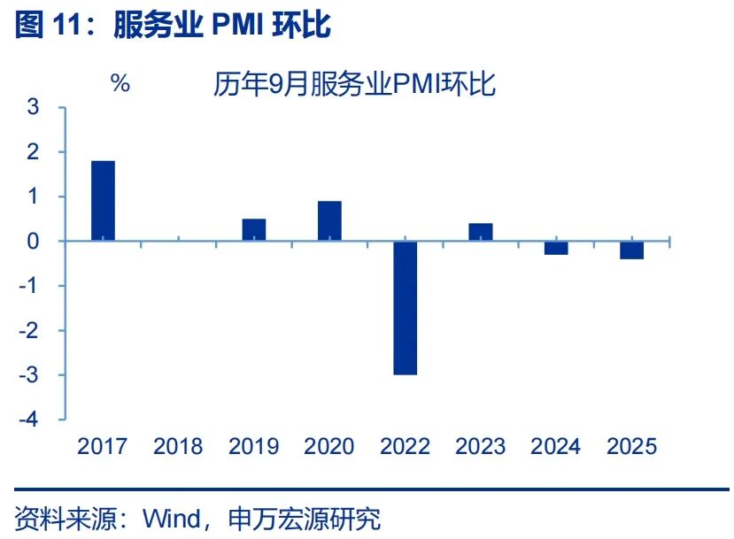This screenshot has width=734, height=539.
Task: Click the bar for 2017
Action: pos(103,201)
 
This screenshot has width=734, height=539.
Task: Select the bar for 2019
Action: pos(254,230)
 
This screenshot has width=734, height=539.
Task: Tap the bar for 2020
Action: pos(329,221)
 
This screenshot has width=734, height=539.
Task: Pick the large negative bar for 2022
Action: pos(406,308)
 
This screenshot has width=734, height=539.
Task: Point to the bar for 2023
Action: pos(481,232)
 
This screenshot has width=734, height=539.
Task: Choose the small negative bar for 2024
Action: pos(556,248)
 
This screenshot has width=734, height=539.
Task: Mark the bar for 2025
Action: pos(631,250)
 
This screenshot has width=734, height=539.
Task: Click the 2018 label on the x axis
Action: pos(178,446)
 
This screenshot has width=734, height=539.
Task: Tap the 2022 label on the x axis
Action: pos(405,446)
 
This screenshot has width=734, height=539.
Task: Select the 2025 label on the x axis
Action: pos(631,446)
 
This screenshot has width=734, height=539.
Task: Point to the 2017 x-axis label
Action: pos(103,446)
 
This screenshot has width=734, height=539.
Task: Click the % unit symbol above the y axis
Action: pos(120,84)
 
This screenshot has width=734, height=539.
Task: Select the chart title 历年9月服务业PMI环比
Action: pos(354,84)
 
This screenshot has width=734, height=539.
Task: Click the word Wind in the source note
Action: pos(171,517)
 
